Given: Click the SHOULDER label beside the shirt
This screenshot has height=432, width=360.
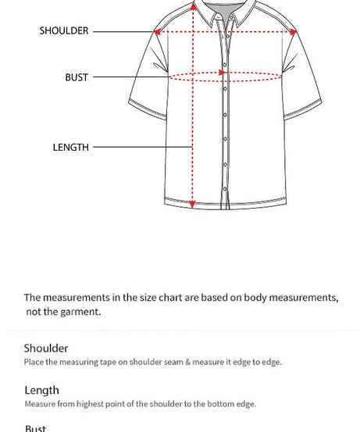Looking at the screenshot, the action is [64, 31].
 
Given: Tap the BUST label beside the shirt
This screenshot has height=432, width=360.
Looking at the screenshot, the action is [77, 77].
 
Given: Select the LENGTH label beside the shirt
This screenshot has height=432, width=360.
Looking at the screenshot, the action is [70, 147].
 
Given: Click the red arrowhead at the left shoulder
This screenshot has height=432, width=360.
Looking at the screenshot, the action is [158, 32].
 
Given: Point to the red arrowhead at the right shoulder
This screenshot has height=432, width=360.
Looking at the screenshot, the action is [294, 32].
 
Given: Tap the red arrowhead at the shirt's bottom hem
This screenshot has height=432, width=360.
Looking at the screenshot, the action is [193, 204].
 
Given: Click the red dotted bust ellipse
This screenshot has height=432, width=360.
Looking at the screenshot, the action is [225, 77].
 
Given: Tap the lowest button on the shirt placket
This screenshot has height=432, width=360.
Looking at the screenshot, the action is [226, 190].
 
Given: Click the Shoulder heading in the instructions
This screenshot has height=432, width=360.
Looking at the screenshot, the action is [46, 348].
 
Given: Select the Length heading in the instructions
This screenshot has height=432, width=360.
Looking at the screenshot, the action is [41, 391].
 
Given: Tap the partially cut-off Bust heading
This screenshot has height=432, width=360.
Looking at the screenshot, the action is [35, 428].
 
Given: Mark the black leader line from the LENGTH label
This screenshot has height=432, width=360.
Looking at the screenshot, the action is [142, 147].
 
